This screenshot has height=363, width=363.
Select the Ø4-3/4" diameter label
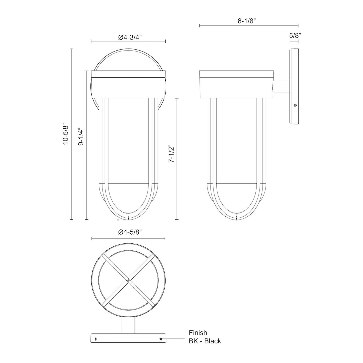(130, 37)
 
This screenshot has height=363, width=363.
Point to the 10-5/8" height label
(66, 134)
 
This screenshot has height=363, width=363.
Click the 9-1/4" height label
(81, 137)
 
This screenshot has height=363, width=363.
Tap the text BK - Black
(205, 341)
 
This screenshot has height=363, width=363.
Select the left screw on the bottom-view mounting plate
(96, 339)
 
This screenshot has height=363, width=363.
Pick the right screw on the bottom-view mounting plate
(161, 339)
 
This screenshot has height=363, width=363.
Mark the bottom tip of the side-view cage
(236, 217)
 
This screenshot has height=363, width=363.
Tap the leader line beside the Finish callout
(176, 339)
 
